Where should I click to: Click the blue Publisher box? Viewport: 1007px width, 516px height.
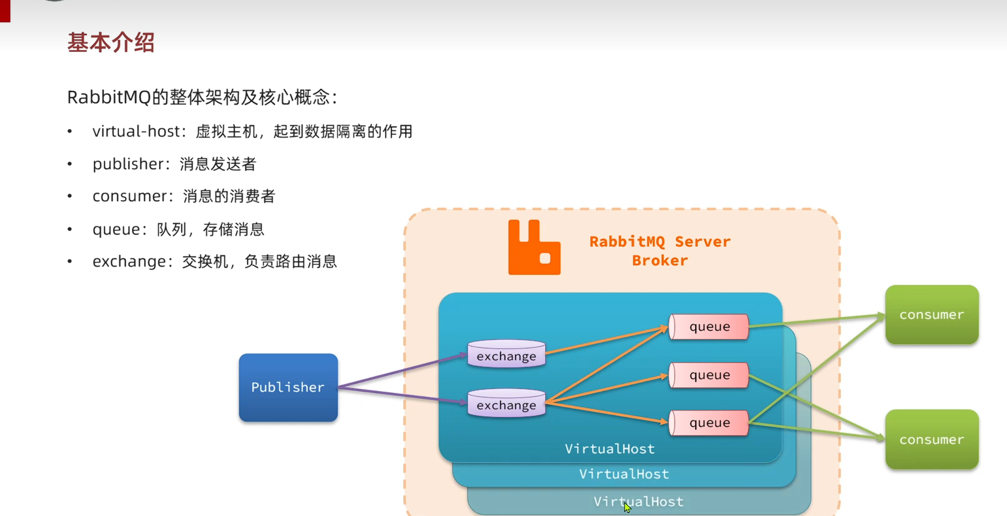coord(288,387)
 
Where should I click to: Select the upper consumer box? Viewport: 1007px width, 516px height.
coord(931,315)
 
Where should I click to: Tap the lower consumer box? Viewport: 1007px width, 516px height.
coord(931,439)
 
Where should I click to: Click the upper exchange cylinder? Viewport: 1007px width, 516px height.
coord(507,354)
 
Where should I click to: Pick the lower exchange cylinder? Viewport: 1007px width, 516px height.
coord(507,404)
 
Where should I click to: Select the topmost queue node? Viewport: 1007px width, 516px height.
coord(709,327)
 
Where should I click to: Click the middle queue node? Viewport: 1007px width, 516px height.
coord(709,375)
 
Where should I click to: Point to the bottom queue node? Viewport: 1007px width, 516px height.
coord(709,423)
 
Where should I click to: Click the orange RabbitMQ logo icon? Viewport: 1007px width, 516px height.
coord(534,247)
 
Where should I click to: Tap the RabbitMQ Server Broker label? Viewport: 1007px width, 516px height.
coord(660,251)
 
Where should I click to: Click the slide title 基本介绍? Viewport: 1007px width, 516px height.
coord(111,42)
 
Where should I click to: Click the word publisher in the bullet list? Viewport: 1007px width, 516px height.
coord(128,164)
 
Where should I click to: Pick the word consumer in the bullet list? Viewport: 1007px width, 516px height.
coord(129,196)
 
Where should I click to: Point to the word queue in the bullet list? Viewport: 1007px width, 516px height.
coord(116,229)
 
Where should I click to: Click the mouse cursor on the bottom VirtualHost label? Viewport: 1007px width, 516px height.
coord(627,507)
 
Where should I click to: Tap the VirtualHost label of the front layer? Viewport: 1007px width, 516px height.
coord(610,449)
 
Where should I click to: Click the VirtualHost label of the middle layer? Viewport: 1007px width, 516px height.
coord(624,474)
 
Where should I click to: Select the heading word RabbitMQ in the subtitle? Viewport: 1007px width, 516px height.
coord(109,98)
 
